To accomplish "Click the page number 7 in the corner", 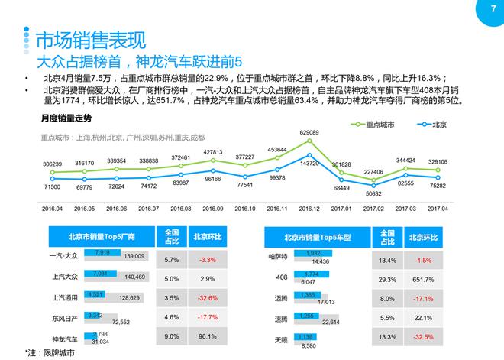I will [x=482, y=10].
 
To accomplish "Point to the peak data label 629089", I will [x=309, y=133].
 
